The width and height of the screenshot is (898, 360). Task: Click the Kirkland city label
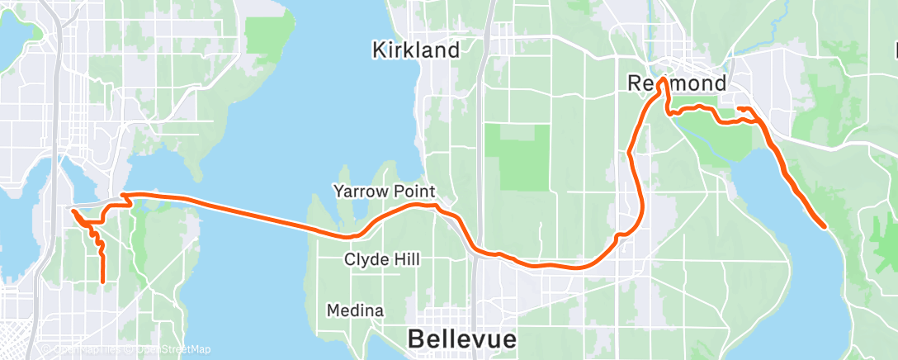(415, 50)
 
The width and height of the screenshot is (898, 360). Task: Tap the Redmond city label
(677, 83)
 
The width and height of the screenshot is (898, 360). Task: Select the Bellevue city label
(462, 339)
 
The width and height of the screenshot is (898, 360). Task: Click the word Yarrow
(359, 192)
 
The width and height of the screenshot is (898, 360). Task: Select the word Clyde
(365, 260)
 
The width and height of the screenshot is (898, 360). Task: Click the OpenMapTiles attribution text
(86, 350)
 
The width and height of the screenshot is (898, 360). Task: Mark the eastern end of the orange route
(825, 225)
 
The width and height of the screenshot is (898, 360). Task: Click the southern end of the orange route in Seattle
(102, 282)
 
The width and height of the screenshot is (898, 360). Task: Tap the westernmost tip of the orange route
(73, 211)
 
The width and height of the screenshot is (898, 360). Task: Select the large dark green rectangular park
(517, 157)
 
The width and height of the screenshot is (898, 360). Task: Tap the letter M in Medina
(333, 311)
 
